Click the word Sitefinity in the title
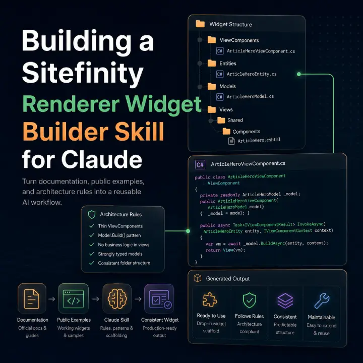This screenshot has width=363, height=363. tap(83, 73)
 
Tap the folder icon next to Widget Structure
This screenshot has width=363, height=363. tap(200, 24)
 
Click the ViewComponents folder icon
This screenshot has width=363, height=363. tap(212, 40)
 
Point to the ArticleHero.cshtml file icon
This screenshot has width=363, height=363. tap(231, 141)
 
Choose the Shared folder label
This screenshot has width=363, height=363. tap(235, 120)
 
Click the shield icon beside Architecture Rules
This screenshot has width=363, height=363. tap(92, 215)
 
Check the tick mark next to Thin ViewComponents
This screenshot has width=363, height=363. tap(92, 226)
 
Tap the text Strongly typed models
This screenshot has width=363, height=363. tap(120, 254)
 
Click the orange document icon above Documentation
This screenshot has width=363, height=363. tap(32, 298)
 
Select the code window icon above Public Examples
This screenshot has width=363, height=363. tap(74, 299)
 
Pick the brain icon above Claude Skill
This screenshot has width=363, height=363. tap(117, 299)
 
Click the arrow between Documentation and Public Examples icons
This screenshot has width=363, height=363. tap(52, 299)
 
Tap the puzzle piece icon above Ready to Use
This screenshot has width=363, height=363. tap(210, 299)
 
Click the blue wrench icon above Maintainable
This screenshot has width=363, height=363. tap(322, 300)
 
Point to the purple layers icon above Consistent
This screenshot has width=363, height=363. tap(285, 300)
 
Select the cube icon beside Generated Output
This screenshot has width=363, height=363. tap(198, 278)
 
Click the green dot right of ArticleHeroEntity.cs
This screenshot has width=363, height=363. tap(299, 74)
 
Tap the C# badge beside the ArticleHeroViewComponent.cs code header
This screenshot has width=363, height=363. tap(200, 164)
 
